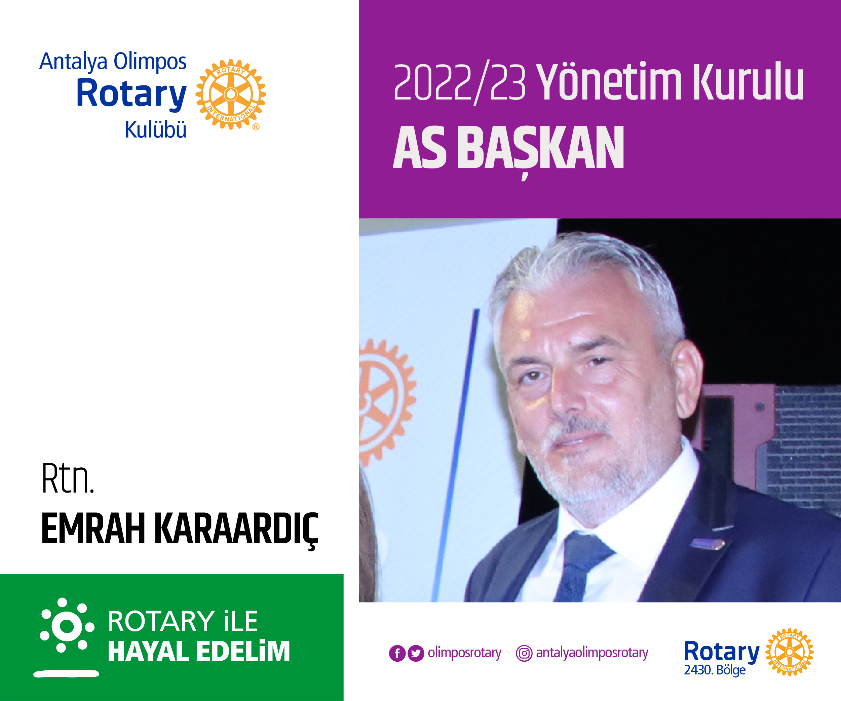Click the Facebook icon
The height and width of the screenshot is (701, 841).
pos(397,653)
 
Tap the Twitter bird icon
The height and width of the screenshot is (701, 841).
pos(416,653)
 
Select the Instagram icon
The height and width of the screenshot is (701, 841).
pos(524,653)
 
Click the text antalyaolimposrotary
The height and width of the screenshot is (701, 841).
pos(592,653)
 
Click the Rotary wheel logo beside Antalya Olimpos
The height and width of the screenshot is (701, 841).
pos(231,94)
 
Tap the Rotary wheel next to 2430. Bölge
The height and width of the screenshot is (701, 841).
pos(789,652)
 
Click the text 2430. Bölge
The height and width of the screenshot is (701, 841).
pos(715,670)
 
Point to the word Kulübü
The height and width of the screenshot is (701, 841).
pos(155,130)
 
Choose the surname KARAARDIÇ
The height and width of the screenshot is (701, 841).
pos(236,529)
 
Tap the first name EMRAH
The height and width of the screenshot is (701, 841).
pos(93,529)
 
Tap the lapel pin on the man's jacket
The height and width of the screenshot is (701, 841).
pos(707,543)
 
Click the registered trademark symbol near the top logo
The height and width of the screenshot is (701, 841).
pos(256,127)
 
